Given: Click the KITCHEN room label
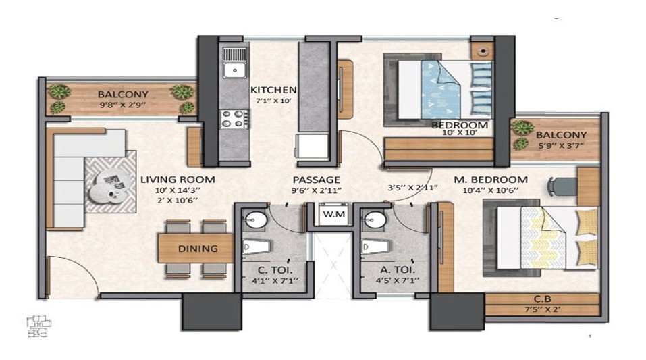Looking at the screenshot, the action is pos(273,89).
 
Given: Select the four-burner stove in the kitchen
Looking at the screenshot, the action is pos(234,119).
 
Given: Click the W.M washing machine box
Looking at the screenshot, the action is pos(333,214).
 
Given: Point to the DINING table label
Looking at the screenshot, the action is pos(198,249).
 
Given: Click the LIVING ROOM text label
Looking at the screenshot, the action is pos(178,180).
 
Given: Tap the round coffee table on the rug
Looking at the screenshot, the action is pos(108,187).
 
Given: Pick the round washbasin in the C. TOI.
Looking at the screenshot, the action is pos(255,220).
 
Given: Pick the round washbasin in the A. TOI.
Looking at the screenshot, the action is pos(375,220).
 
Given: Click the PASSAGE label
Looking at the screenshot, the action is pos(317,180).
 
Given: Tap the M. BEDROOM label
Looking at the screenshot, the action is pos(491,180).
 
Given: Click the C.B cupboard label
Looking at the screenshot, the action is pos(543,299).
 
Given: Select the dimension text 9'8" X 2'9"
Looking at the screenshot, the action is pos(123,105).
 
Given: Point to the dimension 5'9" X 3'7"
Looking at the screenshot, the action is pos(562,145).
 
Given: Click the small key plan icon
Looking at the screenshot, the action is pos(39,326).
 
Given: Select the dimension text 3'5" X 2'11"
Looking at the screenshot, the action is pos(412,188).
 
